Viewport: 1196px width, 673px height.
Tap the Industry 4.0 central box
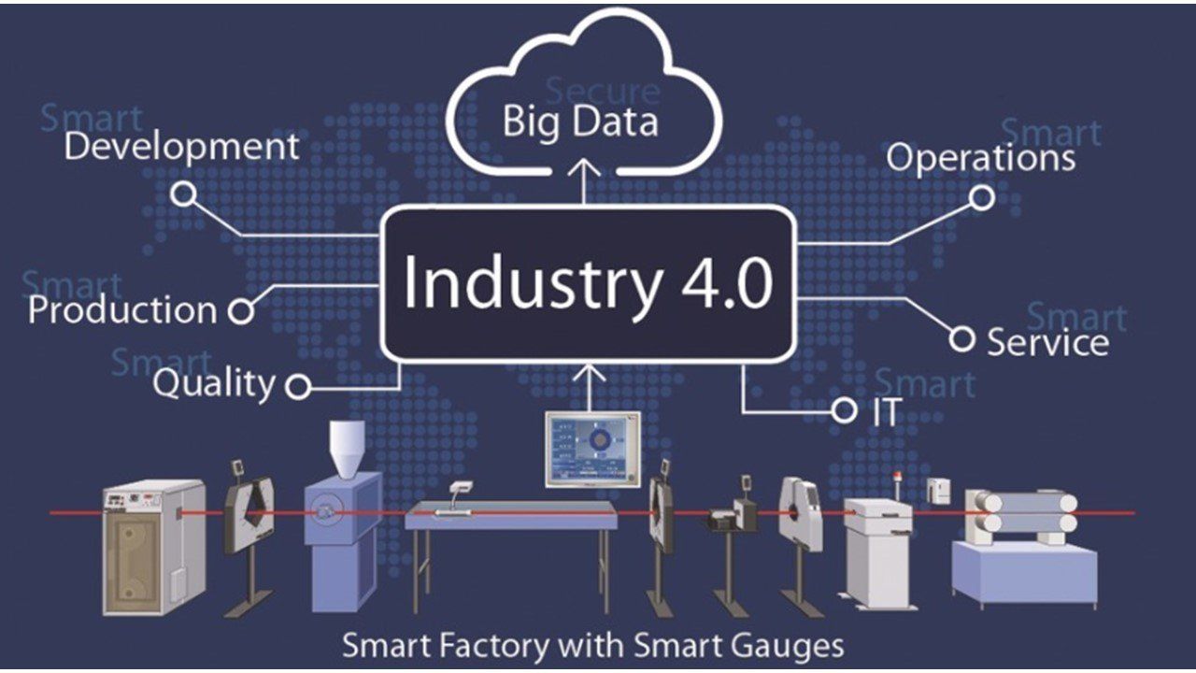[x=589, y=283]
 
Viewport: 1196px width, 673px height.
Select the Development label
[x=182, y=147]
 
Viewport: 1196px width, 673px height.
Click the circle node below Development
[x=185, y=194]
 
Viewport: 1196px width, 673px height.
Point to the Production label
[x=122, y=310]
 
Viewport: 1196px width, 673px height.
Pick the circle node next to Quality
[x=298, y=386]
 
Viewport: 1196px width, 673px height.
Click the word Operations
[x=980, y=157]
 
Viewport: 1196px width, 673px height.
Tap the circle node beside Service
[x=962, y=338]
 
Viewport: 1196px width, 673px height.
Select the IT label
[x=887, y=412]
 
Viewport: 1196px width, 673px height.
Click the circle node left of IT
[x=844, y=409]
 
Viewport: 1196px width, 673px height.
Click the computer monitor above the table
[x=593, y=450]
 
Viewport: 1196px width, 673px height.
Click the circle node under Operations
[x=981, y=198]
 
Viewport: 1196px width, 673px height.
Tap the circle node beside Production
[x=241, y=311]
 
